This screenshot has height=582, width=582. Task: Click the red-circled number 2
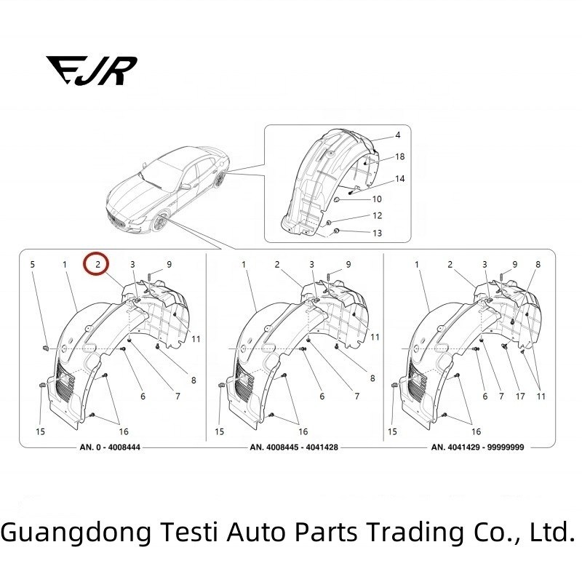coord(97,264)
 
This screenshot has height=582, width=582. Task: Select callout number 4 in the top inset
coord(398,136)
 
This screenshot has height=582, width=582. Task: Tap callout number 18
coord(399,157)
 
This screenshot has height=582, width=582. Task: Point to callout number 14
coord(399,178)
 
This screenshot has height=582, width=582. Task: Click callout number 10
coord(377,199)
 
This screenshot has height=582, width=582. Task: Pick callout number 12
coord(377,216)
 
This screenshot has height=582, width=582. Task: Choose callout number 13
coord(377,234)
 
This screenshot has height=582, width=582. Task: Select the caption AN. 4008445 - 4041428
coord(295,447)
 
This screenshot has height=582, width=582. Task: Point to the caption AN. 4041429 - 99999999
coord(481,447)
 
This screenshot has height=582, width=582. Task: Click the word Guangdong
coord(77,533)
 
